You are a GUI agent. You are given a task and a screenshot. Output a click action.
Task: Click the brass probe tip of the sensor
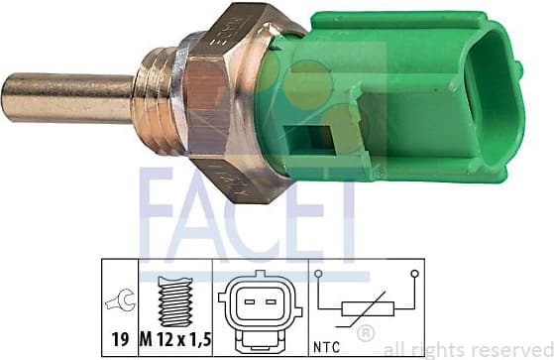pyautogui.click(x=67, y=97)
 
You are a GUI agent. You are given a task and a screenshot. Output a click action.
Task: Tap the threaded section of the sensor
pyautogui.click(x=156, y=101)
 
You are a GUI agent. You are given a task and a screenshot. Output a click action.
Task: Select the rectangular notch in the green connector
pyautogui.click(x=310, y=140)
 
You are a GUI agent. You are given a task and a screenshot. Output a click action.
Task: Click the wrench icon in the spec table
pyautogui.click(x=120, y=300)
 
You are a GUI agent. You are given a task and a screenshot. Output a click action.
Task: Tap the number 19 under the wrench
pyautogui.click(x=120, y=339)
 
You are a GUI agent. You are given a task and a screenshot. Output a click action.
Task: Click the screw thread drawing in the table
pyautogui.click(x=175, y=301)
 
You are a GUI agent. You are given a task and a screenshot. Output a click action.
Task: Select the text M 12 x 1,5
pyautogui.click(x=175, y=339)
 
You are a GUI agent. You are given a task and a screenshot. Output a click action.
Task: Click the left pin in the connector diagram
pyautogui.click(x=250, y=302)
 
